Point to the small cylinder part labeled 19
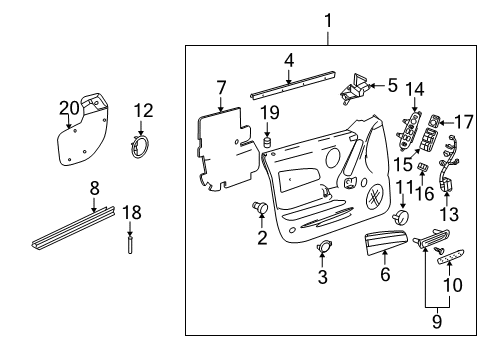click(268, 144)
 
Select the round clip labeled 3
click(323, 247)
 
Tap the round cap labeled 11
click(402, 217)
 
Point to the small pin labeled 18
click(129, 245)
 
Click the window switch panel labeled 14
click(412, 128)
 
